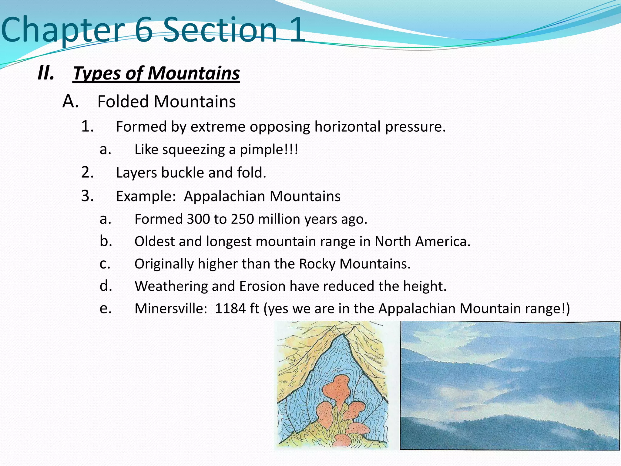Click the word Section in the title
220,30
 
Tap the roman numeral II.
46,73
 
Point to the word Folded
123,101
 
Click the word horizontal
347,127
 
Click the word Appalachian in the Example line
225,196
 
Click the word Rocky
317,264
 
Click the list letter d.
106,286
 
